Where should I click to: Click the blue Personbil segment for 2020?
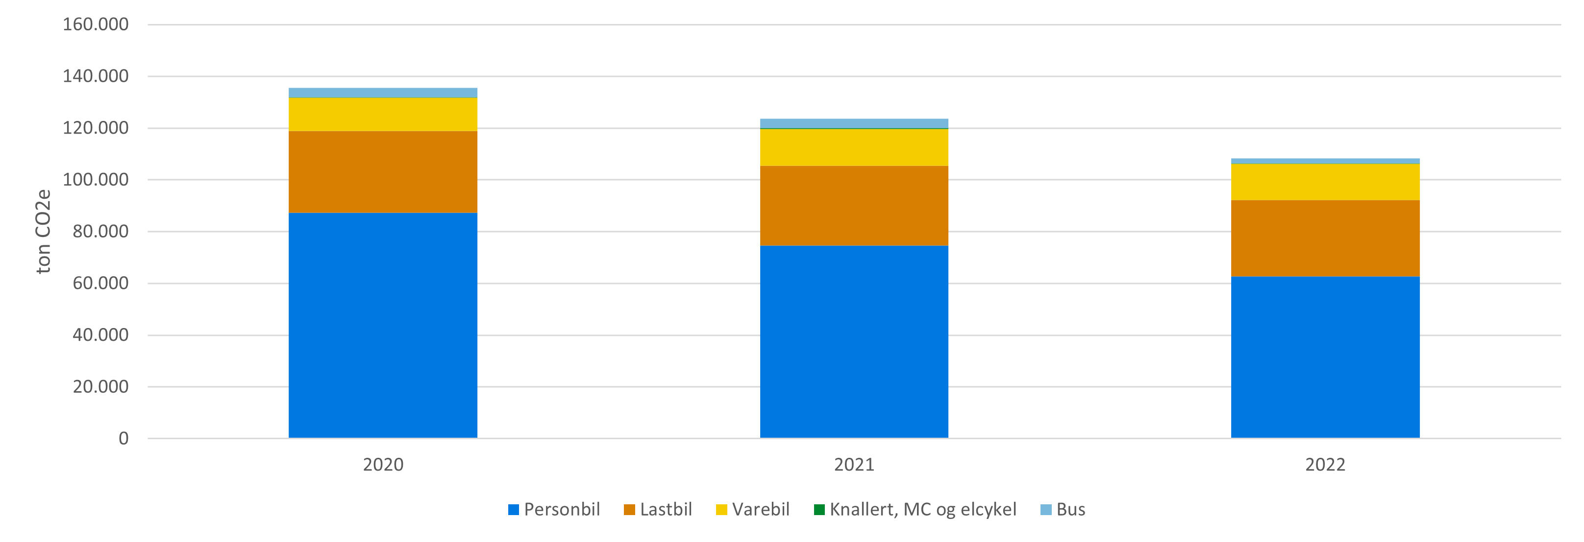click(382, 325)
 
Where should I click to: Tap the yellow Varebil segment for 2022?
click(1325, 182)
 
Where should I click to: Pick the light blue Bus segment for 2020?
click(382, 93)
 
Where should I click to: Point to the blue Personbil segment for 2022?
click(1325, 357)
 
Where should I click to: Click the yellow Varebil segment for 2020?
click(382, 114)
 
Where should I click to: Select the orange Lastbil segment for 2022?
click(1325, 238)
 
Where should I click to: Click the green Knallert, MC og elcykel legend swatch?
click(819, 509)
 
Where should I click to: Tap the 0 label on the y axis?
click(124, 439)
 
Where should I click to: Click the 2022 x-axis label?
click(1325, 465)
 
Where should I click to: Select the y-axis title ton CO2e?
click(43, 231)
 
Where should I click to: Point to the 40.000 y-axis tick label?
click(100, 335)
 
